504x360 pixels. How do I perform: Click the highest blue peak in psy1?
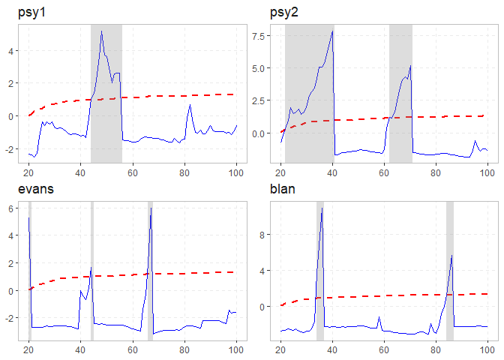(101, 31)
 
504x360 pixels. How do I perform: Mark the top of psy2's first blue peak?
(332, 31)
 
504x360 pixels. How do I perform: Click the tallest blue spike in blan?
(322, 208)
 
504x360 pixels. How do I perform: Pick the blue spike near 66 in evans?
(151, 208)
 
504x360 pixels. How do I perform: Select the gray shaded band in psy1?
(106, 90)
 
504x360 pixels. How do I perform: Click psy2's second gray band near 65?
(400, 90)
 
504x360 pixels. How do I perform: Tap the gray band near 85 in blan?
(450, 270)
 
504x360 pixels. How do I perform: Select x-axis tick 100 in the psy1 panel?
(236, 169)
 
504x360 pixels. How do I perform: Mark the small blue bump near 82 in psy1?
(190, 106)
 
